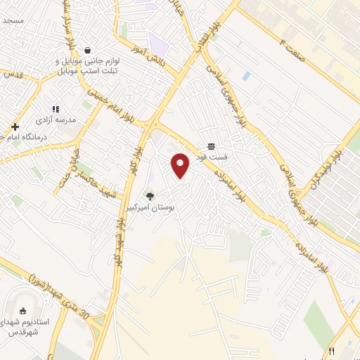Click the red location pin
(181, 165)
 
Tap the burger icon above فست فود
(211, 146)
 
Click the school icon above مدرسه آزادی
(56, 109)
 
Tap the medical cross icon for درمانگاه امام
(15, 127)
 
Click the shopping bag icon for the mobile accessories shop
(86, 51)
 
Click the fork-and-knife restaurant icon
(331, 351)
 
